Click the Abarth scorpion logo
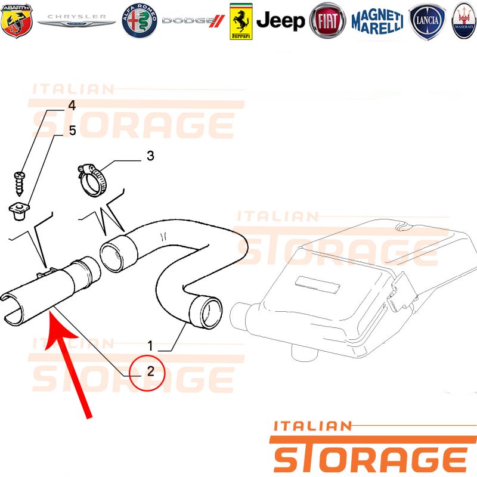click(17, 21)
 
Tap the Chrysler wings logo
click(76, 21)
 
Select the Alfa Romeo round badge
click(140, 21)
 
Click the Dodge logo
click(193, 21)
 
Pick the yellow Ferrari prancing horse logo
click(241, 21)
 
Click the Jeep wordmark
click(280, 21)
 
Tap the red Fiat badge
click(327, 21)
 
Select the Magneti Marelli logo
click(377, 21)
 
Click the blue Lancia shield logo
click(427, 21)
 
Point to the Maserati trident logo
click(464, 21)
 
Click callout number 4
click(72, 106)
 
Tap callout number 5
click(72, 130)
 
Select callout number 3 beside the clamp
click(150, 156)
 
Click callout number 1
click(150, 346)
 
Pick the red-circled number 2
click(150, 371)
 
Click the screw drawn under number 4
click(20, 184)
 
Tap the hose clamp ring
click(92, 180)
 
